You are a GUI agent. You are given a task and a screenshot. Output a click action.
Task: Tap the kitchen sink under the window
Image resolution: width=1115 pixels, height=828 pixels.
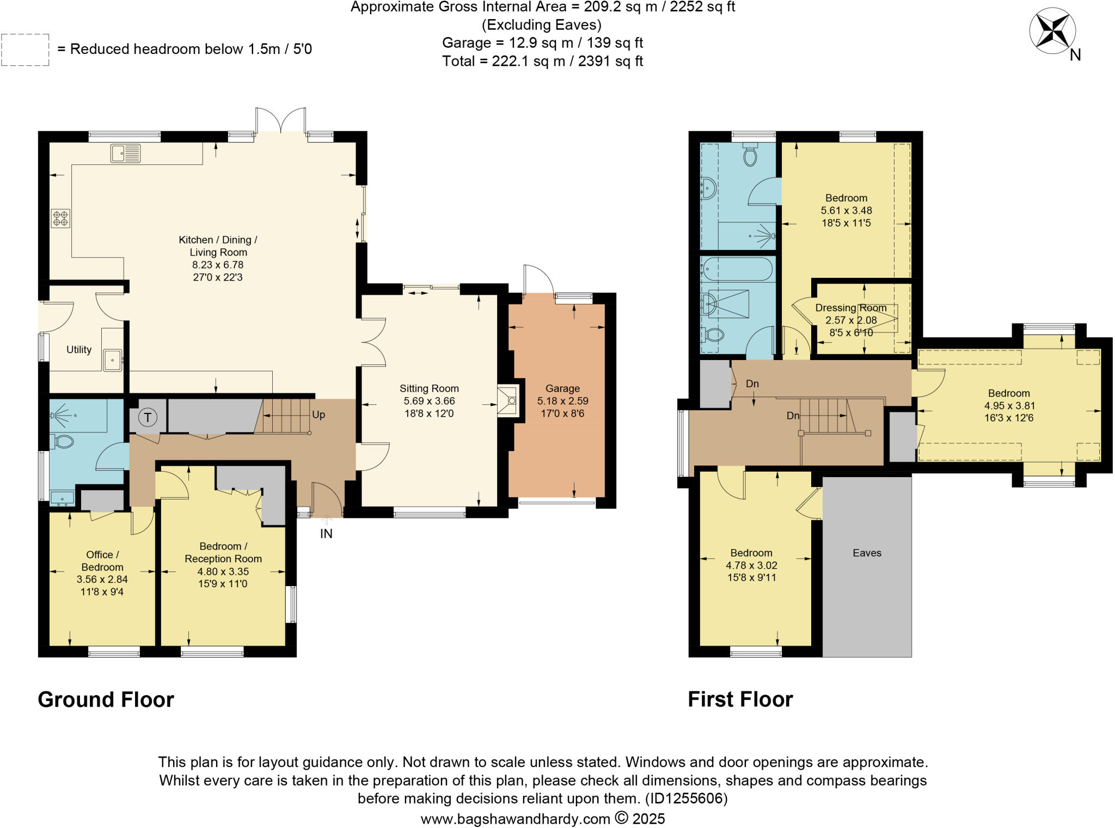[125, 153]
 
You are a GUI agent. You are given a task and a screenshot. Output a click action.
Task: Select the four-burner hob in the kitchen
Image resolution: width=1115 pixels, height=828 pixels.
[60, 218]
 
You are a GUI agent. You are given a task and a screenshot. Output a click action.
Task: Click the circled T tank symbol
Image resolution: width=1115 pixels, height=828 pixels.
[147, 418]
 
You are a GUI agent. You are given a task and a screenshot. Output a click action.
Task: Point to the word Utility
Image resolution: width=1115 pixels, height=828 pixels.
[79, 350]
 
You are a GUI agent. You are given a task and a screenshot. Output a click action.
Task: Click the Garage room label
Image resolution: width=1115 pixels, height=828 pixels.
[562, 388]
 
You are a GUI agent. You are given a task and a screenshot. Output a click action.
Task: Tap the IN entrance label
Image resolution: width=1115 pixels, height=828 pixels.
[326, 534]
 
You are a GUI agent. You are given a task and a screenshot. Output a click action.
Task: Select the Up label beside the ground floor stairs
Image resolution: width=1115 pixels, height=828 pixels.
[318, 415]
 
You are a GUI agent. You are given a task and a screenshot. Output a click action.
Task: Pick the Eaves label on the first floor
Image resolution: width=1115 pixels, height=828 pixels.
[867, 553]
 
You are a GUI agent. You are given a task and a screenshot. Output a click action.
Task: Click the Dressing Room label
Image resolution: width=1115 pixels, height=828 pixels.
[850, 308]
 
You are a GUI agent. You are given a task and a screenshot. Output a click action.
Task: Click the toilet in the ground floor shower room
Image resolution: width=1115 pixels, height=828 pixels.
[63, 441]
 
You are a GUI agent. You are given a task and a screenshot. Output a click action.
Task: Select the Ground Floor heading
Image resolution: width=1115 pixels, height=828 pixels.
[106, 699]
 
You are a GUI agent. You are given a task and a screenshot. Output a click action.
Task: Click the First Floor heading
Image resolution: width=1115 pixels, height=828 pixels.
[740, 699]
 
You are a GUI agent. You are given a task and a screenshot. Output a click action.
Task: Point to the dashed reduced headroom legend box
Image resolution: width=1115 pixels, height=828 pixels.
[25, 50]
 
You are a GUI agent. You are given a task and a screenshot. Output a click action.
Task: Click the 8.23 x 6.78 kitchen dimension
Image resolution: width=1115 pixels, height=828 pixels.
[218, 265]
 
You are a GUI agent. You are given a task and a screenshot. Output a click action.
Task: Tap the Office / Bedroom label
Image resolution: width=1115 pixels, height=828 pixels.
[102, 561]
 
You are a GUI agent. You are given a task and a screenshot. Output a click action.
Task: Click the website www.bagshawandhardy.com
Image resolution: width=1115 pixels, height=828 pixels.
[515, 819]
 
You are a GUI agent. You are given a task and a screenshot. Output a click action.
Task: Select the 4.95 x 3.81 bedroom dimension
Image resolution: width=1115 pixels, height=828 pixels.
[1009, 406]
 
